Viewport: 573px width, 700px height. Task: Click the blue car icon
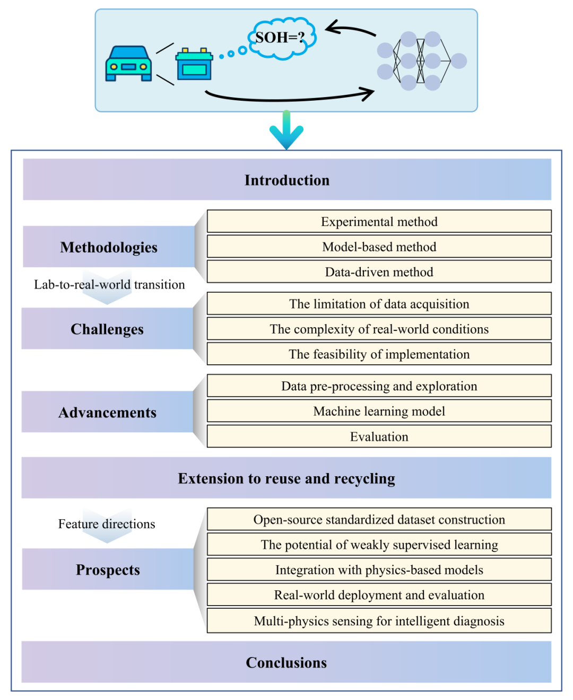tap(128, 64)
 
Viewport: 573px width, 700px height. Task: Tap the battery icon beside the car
tap(194, 64)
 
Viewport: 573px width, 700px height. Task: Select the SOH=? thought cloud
tap(281, 38)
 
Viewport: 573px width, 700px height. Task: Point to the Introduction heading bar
tap(286, 180)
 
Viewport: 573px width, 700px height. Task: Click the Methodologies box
tap(109, 247)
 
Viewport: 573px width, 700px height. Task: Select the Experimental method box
tap(379, 222)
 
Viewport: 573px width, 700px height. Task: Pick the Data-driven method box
tap(379, 272)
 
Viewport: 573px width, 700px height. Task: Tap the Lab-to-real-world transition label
tap(109, 285)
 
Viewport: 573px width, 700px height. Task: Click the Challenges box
tap(107, 329)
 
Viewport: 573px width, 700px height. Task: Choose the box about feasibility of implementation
tap(379, 354)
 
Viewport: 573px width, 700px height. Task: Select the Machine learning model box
tap(379, 411)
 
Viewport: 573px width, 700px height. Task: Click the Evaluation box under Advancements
tap(379, 436)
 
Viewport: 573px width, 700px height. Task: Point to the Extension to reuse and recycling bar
tap(286, 478)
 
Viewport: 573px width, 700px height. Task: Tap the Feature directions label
tap(107, 524)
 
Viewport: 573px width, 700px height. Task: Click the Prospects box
tap(108, 570)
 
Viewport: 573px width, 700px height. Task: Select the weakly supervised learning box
tap(379, 545)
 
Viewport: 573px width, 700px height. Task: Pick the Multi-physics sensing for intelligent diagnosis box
tap(379, 620)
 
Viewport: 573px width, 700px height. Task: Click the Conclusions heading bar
tap(286, 662)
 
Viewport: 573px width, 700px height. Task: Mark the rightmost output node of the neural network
tap(458, 61)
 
